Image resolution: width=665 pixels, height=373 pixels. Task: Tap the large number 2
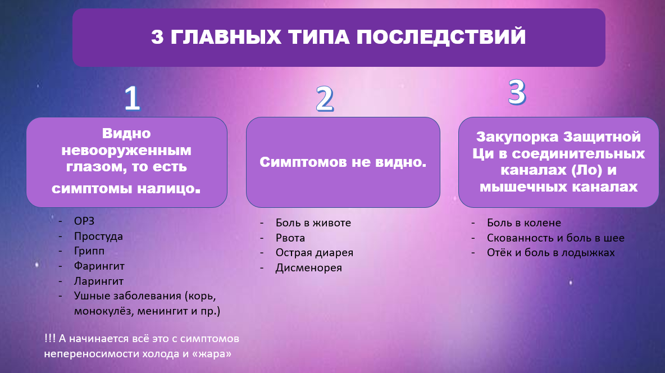pos(324,100)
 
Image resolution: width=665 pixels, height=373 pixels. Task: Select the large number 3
pos(517,93)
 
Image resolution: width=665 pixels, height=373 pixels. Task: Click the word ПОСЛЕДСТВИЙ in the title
pos(441,37)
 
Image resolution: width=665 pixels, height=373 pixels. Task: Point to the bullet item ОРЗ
pos(85,221)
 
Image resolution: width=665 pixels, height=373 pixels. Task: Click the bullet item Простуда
pos(98,236)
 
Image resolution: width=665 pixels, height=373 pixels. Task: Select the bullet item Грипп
pos(89,251)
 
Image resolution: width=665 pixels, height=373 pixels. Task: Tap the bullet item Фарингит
pos(99,266)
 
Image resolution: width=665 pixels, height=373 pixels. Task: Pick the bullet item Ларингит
pos(98,281)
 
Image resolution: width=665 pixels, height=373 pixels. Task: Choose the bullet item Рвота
pos(290,238)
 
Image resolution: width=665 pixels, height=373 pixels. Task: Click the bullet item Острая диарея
pos(314,253)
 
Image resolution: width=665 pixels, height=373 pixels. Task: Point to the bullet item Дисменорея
pos(308,268)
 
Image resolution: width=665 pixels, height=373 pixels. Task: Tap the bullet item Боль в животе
pos(313,223)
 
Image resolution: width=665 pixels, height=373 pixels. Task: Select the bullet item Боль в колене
pos(524,223)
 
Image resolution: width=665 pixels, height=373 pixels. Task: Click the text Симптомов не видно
pos(343,162)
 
